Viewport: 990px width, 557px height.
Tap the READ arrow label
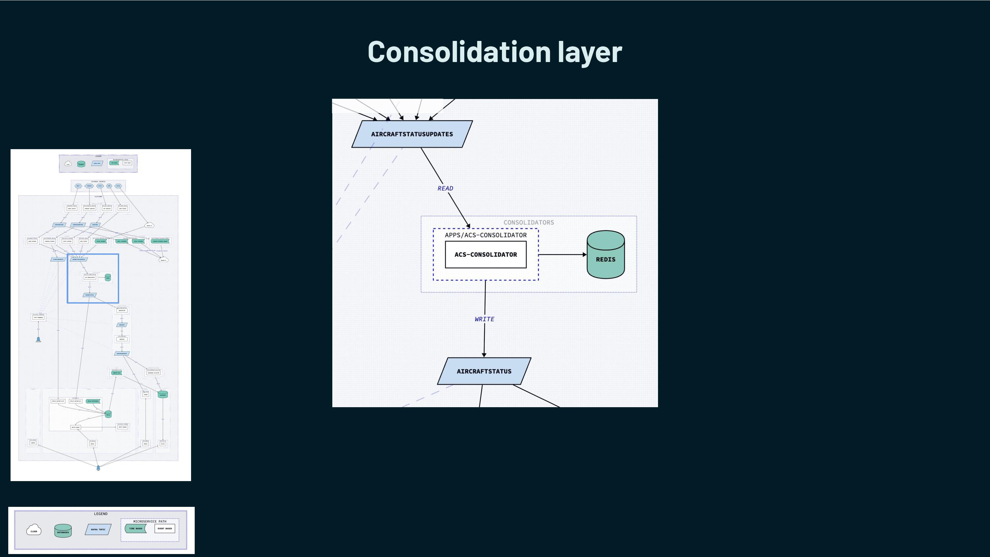445,188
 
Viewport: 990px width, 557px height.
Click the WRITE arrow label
484,319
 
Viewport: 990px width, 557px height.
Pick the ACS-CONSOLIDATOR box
485,254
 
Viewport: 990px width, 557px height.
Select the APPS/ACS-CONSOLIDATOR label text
485,235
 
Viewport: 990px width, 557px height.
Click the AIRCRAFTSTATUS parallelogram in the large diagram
484,371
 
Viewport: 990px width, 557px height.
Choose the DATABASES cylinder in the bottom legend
63,531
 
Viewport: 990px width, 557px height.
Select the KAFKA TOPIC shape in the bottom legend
98,529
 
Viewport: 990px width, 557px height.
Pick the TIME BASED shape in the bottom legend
136,529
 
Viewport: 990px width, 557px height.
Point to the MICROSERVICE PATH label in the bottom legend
149,522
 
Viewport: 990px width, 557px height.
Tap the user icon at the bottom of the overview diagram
98,468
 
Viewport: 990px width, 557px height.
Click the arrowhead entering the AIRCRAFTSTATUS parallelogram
484,355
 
